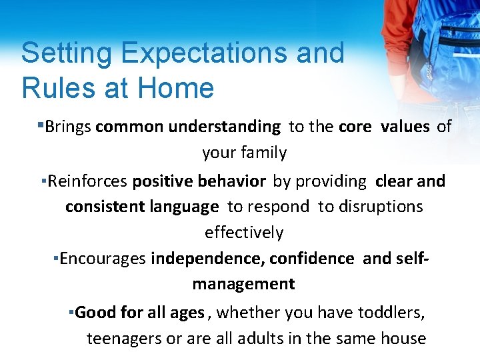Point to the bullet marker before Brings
[41, 124]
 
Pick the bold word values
[405, 126]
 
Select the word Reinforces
[88, 181]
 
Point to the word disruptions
[380, 207]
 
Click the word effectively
[243, 233]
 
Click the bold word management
[243, 284]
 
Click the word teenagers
[125, 339]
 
